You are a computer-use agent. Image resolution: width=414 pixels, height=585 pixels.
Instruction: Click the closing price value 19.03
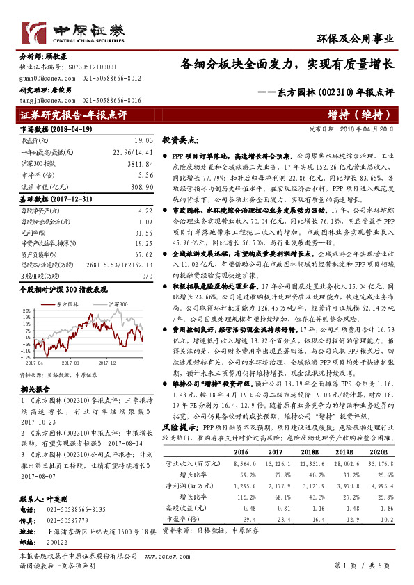point(143,140)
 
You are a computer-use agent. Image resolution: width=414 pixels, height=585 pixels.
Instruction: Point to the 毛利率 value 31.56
point(143,233)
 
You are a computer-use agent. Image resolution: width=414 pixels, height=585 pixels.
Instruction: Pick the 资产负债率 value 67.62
point(143,254)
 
